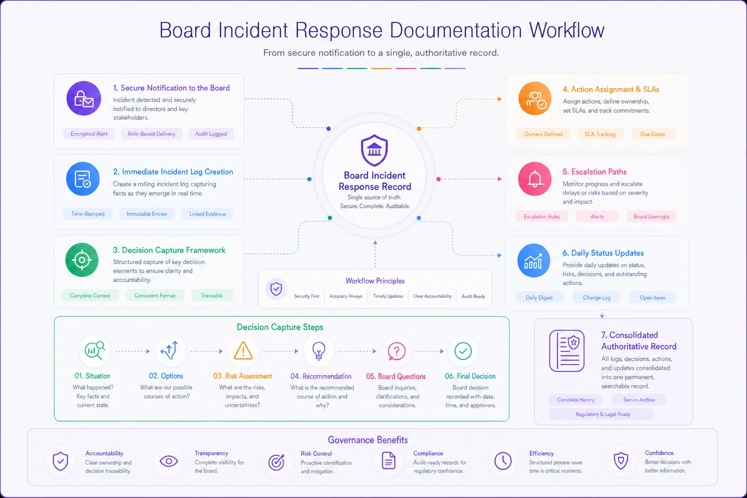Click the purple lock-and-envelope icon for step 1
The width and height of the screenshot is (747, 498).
[x=83, y=98]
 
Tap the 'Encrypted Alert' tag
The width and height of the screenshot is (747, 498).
[x=89, y=134]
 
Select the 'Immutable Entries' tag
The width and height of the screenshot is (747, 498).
[x=147, y=214]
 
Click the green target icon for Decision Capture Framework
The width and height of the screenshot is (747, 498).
[x=82, y=260]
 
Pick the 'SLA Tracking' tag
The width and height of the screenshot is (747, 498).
[x=600, y=134]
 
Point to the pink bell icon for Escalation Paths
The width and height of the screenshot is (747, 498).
[x=534, y=179]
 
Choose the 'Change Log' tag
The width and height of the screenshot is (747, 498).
[x=597, y=298]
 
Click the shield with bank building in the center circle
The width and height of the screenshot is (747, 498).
[x=374, y=150]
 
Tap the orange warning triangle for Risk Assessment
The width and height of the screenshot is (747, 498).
[x=243, y=351]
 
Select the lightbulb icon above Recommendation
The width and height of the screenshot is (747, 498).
[x=319, y=351]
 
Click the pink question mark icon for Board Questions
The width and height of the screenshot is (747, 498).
[x=396, y=351]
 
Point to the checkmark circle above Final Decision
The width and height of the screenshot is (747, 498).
[x=463, y=351]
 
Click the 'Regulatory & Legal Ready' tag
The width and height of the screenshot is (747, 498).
[x=603, y=414]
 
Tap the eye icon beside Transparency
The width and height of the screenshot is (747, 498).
[x=169, y=462]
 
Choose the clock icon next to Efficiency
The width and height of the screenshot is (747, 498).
[x=503, y=461]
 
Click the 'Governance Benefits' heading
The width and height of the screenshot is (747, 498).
[x=368, y=440]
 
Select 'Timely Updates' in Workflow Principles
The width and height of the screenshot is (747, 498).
[x=388, y=296]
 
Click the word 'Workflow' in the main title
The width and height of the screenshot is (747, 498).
[x=567, y=30]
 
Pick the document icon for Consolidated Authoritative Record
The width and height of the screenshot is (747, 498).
[x=567, y=351]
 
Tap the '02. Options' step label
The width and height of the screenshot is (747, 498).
[x=166, y=376]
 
